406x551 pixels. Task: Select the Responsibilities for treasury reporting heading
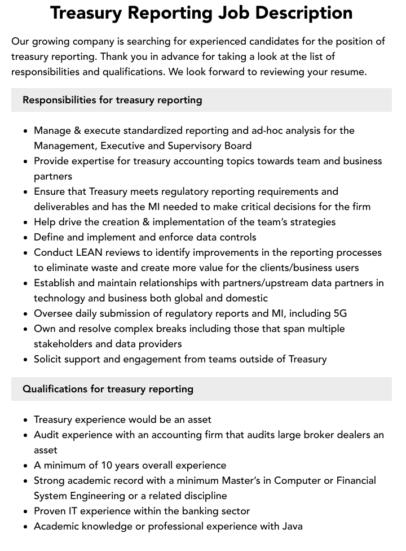coord(112,100)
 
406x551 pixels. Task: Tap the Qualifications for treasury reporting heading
coord(108,389)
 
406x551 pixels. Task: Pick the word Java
coord(290,526)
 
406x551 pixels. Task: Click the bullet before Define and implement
coord(25,238)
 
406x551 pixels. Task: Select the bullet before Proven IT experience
coord(25,511)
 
